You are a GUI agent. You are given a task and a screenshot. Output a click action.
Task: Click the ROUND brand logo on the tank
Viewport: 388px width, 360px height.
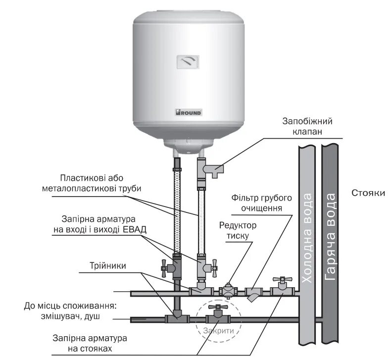point(188,112)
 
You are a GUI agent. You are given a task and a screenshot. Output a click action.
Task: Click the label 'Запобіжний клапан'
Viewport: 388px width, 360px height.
point(307,126)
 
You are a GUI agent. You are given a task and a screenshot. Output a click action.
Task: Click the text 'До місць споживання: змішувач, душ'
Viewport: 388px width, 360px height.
point(69,311)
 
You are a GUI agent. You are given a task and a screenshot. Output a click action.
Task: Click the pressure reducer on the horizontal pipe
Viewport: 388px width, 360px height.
point(228,291)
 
